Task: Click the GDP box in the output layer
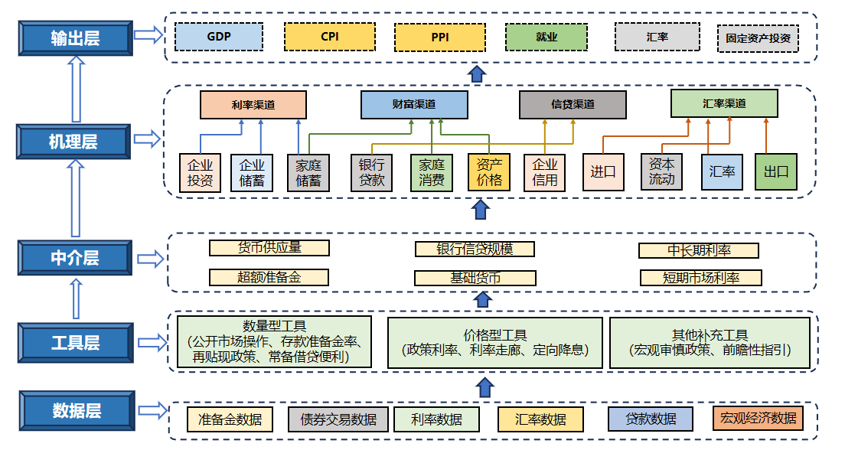click(x=218, y=36)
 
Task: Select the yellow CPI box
click(x=329, y=36)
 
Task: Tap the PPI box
click(x=440, y=36)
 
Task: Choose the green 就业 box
click(x=546, y=36)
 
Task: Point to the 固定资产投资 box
click(x=758, y=37)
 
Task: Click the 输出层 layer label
click(x=75, y=36)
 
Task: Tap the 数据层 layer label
click(x=77, y=410)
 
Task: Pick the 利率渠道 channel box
click(x=253, y=105)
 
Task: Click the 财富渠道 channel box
click(x=414, y=105)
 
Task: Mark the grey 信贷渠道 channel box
click(x=573, y=105)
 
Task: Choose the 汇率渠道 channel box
click(x=724, y=103)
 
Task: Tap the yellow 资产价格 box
click(x=489, y=173)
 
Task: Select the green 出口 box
click(x=776, y=172)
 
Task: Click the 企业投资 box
click(x=201, y=173)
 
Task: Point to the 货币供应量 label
click(x=269, y=248)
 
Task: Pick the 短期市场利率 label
click(x=700, y=277)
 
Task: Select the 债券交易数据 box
click(x=338, y=419)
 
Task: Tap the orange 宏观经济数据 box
click(x=757, y=418)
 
